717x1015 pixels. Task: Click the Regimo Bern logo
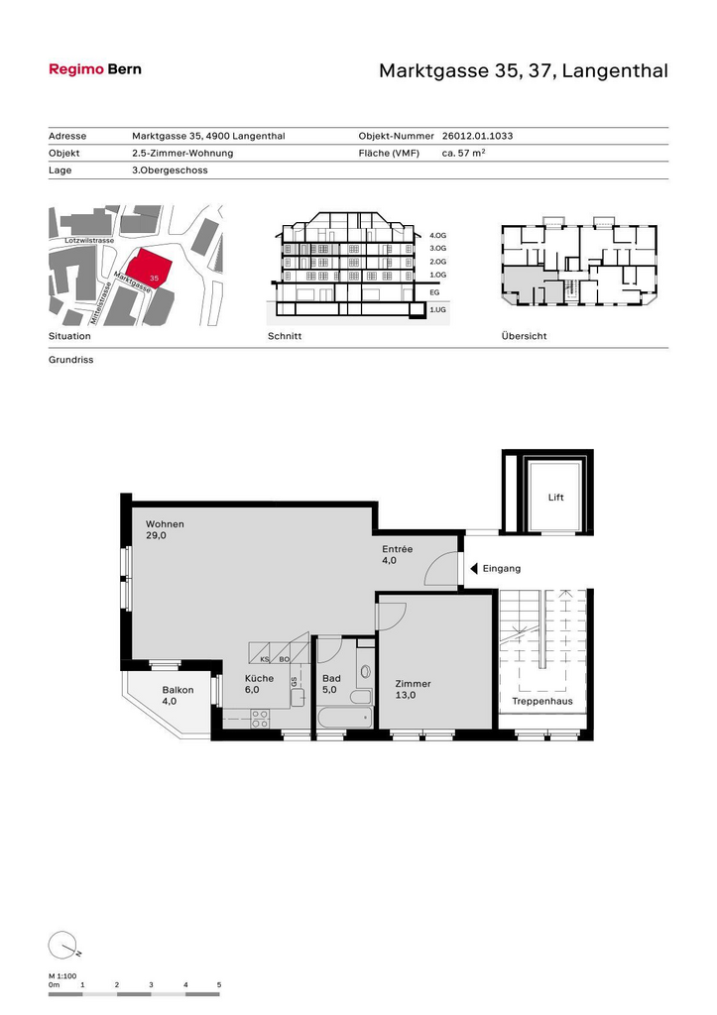(x=95, y=69)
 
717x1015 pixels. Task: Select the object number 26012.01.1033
(x=477, y=136)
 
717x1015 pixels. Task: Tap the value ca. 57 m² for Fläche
(x=464, y=153)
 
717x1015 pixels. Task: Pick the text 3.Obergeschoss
(x=170, y=170)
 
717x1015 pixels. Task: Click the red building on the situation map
(x=150, y=268)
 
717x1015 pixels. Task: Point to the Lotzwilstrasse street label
(x=89, y=240)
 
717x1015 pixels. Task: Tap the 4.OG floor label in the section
(x=438, y=236)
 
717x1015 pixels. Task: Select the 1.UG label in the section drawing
(x=438, y=310)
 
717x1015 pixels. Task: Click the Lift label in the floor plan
(x=555, y=498)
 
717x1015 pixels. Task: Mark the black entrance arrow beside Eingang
(x=474, y=568)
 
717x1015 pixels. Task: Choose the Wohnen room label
(x=165, y=524)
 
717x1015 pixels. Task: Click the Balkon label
(x=178, y=690)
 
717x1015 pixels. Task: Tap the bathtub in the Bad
(x=345, y=719)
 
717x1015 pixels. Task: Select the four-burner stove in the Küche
(x=260, y=720)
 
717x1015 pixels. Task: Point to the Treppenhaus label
(x=542, y=701)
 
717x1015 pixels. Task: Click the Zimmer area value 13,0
(x=406, y=695)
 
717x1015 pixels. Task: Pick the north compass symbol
(x=62, y=945)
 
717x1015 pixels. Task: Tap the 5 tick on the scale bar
(x=219, y=985)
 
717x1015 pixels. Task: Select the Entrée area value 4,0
(x=389, y=561)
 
